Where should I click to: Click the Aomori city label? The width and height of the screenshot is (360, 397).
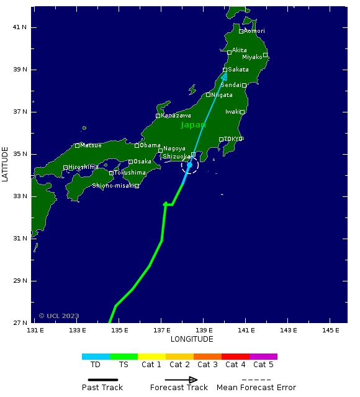pos(254,31)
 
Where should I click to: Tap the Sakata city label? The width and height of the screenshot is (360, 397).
pos(238,70)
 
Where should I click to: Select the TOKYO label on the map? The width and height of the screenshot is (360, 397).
pos(233,139)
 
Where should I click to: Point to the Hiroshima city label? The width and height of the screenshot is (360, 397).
pos(83,167)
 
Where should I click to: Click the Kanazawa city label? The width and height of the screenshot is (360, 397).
pos(176,116)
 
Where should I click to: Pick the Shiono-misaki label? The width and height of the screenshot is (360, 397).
pos(113,186)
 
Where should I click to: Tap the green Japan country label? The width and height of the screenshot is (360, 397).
pos(194,125)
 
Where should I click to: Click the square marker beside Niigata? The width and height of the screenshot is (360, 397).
pos(209,95)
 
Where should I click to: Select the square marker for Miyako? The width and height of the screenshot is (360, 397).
pos(265,55)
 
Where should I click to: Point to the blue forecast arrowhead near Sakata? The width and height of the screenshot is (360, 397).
pos(224,76)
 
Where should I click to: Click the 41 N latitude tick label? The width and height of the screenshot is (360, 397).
pos(20,27)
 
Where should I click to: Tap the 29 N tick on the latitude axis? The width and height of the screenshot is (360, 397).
pos(20,281)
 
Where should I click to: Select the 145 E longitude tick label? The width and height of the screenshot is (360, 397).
pos(330,329)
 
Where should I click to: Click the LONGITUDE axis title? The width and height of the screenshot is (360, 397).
pos(192,339)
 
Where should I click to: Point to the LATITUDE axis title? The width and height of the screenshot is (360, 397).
pos(6,164)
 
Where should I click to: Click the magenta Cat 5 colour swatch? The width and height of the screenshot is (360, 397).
pos(263,357)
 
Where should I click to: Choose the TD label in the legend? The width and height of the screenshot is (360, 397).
pos(96,365)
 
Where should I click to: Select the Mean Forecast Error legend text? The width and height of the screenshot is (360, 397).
pos(256,388)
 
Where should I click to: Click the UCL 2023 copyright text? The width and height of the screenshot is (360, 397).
pos(59,316)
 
